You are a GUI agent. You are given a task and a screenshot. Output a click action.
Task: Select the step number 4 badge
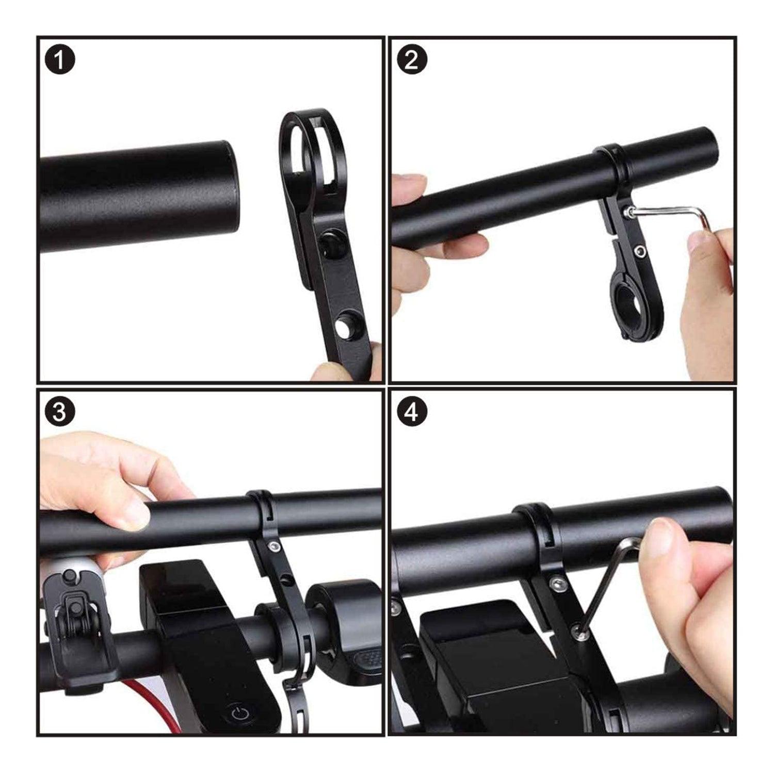(412, 413)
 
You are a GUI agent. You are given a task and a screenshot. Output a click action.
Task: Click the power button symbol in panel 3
(241, 714)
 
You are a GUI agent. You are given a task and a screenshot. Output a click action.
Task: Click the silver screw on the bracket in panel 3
(271, 545)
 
